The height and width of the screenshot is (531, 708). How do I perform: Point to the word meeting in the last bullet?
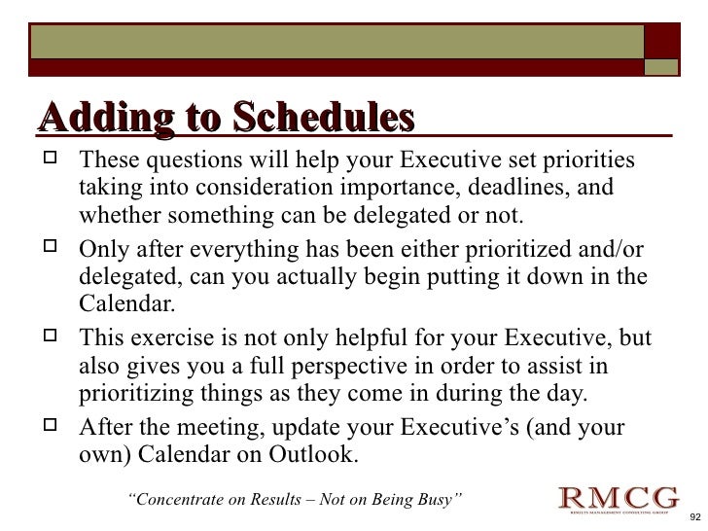228,428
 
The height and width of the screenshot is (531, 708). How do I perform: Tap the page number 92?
693,517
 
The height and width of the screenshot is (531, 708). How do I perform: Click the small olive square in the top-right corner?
663,66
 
